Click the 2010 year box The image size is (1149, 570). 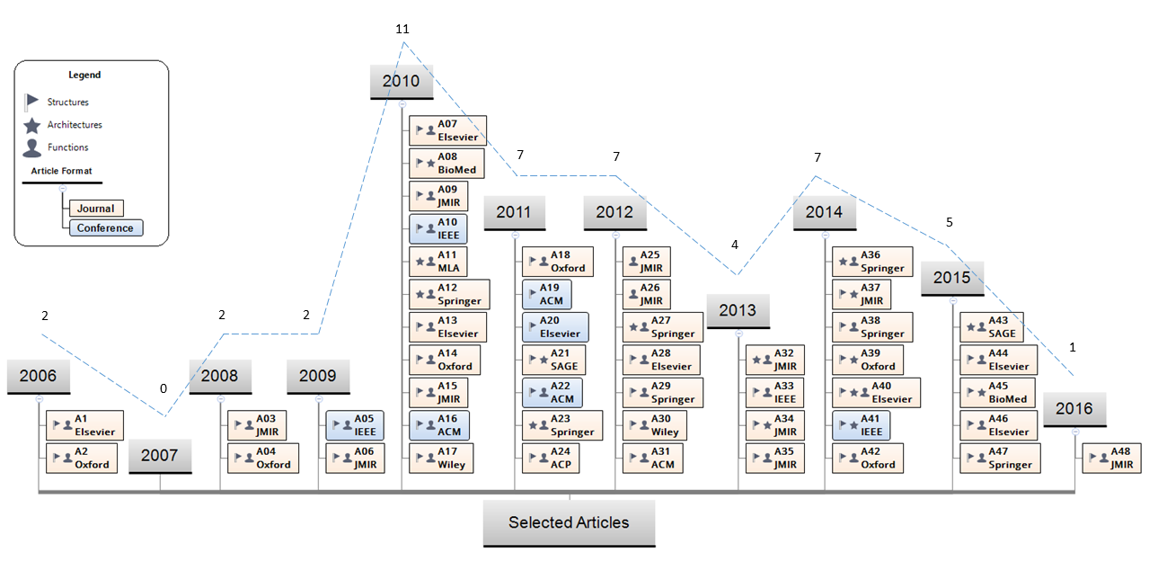(x=401, y=81)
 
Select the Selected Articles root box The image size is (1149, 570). (x=569, y=522)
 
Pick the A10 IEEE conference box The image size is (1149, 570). (x=437, y=228)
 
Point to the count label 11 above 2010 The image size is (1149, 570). (x=402, y=29)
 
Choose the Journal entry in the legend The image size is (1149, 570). (x=95, y=209)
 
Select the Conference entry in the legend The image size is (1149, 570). (x=105, y=228)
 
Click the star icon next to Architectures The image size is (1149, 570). (x=31, y=125)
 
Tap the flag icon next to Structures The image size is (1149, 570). (x=31, y=102)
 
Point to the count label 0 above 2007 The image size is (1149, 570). (x=164, y=388)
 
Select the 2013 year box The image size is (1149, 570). (x=738, y=310)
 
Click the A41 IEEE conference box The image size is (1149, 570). (x=862, y=424)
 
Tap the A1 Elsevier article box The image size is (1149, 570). (x=82, y=425)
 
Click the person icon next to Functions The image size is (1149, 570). (x=31, y=147)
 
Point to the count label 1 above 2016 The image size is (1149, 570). (x=1072, y=346)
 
